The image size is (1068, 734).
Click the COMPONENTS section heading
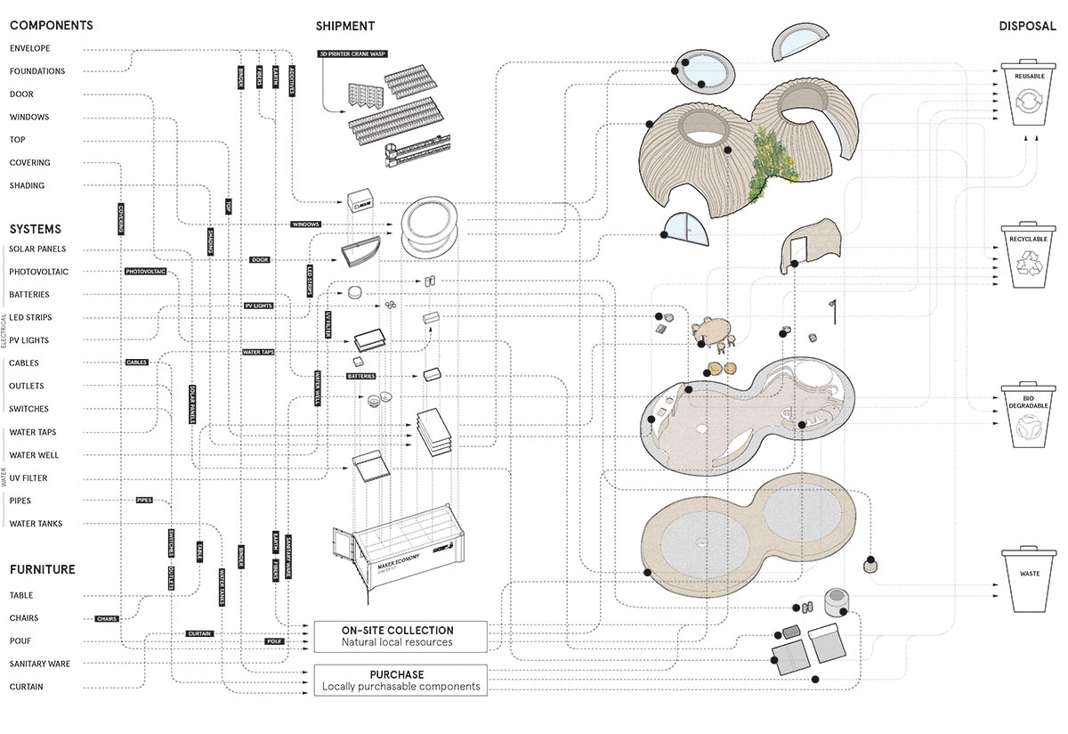click(x=51, y=26)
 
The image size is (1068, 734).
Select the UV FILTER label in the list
click(x=28, y=478)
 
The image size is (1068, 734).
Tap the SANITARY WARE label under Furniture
click(x=39, y=664)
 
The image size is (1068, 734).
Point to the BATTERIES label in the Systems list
click(x=29, y=295)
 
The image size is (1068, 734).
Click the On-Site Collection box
click(x=400, y=636)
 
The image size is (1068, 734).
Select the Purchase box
click(x=400, y=680)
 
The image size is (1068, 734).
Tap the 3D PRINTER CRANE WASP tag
click(x=349, y=53)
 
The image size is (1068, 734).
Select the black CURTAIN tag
click(x=199, y=633)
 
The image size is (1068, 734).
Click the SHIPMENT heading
click(x=344, y=26)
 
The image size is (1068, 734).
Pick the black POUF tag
click(x=275, y=641)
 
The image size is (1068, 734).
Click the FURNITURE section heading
click(x=43, y=569)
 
